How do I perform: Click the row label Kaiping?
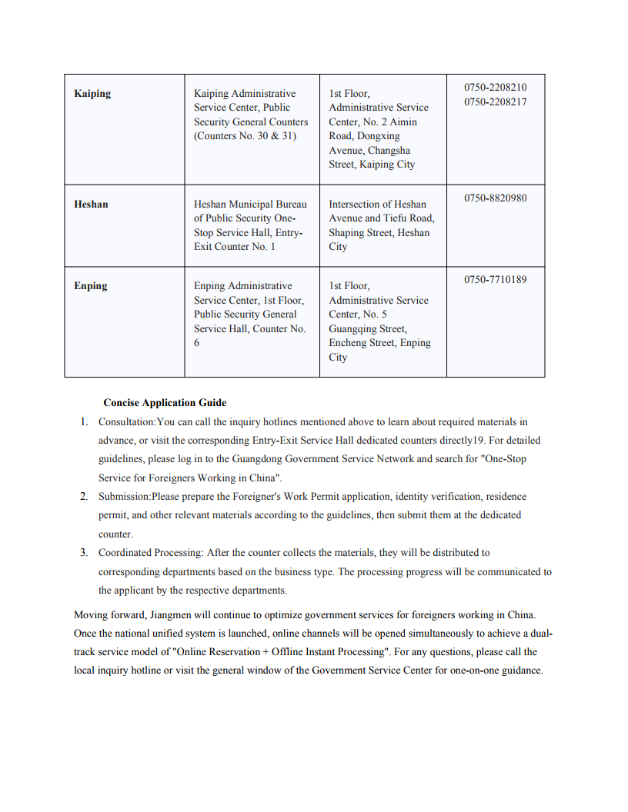click(x=92, y=94)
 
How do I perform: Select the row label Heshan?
click(x=91, y=205)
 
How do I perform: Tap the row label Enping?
click(x=91, y=286)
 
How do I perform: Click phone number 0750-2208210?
click(x=496, y=88)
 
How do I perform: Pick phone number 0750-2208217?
click(x=496, y=102)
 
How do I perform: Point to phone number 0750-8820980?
click(x=496, y=198)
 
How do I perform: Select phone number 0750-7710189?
click(x=496, y=280)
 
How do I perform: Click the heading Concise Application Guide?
click(x=165, y=403)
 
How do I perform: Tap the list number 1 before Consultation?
click(x=84, y=422)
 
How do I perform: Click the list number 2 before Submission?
click(x=84, y=497)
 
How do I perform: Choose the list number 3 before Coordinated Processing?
click(x=84, y=553)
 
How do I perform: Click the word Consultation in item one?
click(x=127, y=422)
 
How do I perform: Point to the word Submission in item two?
click(x=124, y=497)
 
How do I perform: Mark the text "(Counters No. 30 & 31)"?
click(x=245, y=136)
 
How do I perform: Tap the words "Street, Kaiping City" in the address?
click(x=372, y=165)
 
